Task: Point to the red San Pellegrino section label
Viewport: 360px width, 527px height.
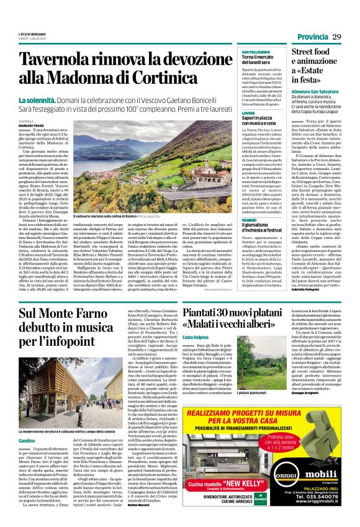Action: (x=256, y=52)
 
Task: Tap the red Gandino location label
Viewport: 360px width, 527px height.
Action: (x=27, y=423)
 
